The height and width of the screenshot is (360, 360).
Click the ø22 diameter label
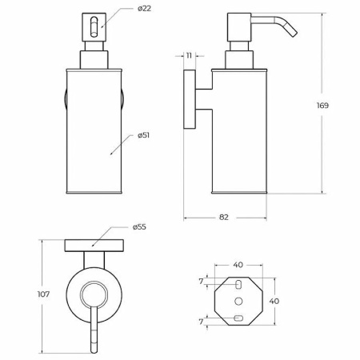pos(144,9)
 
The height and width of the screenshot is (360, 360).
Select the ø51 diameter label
pos(143,135)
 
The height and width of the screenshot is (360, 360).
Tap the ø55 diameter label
pos(139,227)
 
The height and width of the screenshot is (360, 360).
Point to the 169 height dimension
pos(322,106)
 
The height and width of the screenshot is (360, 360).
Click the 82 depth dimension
pos(224,218)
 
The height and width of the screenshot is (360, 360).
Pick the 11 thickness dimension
pos(189,56)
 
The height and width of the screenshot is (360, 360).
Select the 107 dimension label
pos(43,294)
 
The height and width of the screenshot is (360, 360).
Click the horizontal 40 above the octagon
pos(238,265)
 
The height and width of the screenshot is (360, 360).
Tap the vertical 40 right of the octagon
pos(274,302)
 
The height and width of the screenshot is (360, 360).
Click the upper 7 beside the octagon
pos(201,282)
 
